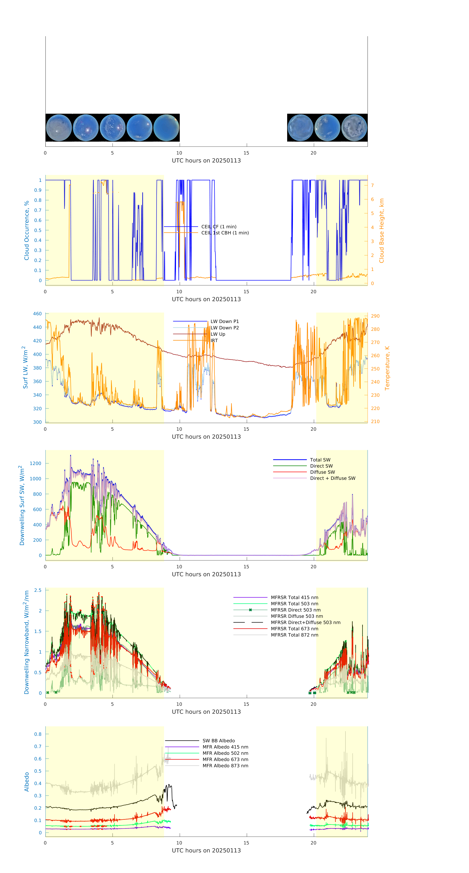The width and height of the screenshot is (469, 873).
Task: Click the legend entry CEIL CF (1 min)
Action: [x=219, y=227]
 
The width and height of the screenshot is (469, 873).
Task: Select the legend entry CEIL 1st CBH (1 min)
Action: [x=225, y=233]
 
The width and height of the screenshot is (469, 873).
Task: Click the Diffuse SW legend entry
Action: [x=322, y=472]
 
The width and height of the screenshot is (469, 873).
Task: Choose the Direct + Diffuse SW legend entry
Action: [x=332, y=478]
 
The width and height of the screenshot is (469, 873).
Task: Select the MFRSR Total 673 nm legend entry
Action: [x=294, y=629]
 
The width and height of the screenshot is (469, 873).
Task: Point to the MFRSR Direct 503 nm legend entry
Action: [x=295, y=610]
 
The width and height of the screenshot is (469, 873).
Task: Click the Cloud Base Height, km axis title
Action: [x=381, y=231]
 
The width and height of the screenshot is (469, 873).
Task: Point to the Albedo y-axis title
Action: [x=26, y=782]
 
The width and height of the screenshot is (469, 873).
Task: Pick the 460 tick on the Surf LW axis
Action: [x=37, y=314]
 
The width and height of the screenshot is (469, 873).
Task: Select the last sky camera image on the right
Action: [x=354, y=128]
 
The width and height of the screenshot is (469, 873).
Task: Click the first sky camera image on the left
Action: [x=59, y=128]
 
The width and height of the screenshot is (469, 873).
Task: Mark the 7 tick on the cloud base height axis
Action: [x=372, y=185]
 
